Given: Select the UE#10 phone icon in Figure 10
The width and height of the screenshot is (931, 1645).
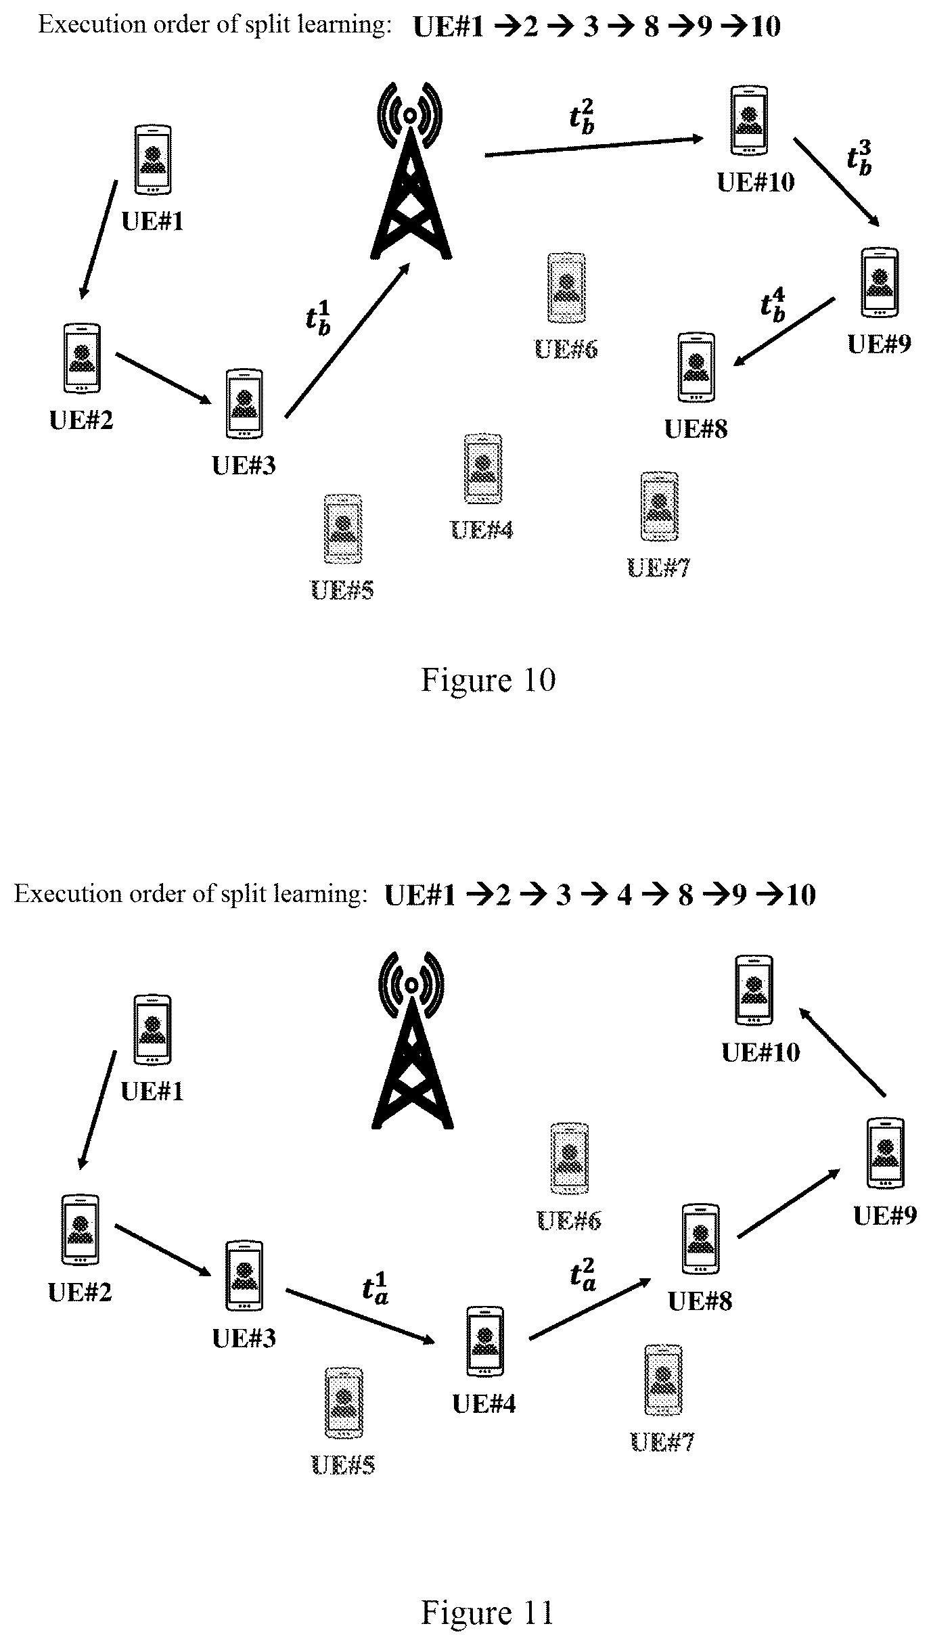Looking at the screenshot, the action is pos(750,120).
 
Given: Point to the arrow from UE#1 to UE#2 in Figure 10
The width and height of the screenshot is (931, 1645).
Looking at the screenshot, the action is pos(99,240).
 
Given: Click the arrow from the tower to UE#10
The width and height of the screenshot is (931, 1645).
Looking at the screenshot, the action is pos(595,147).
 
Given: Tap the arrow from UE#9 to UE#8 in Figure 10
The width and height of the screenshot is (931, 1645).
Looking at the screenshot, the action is pos(784,332).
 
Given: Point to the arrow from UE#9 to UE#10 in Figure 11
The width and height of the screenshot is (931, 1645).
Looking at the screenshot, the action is pos(842,1052).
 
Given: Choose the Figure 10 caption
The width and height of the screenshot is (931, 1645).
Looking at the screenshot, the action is pos(488,679).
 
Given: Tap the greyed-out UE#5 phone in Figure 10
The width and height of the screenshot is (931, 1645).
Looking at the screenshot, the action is pos(343,529).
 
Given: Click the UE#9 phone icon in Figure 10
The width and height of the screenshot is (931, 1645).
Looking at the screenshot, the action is pos(880,282).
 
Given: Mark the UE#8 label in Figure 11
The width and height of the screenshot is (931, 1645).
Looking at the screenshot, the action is pos(700,1301).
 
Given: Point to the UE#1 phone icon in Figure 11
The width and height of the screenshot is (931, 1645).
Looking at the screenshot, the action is pos(152,1030).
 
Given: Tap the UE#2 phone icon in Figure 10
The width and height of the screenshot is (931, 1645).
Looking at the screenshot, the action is pos(82,358).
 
